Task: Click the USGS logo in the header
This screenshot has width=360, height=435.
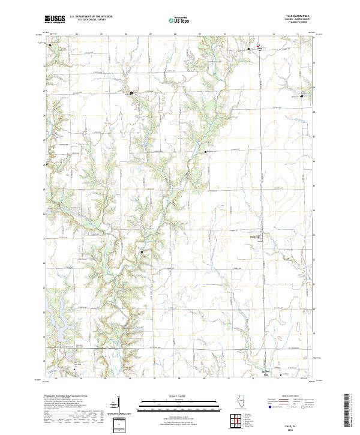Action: [55, 19]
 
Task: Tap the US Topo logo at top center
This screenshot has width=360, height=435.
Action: [180, 20]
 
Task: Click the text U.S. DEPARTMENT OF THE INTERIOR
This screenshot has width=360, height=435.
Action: [91, 17]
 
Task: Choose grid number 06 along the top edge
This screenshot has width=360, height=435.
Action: [127, 34]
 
